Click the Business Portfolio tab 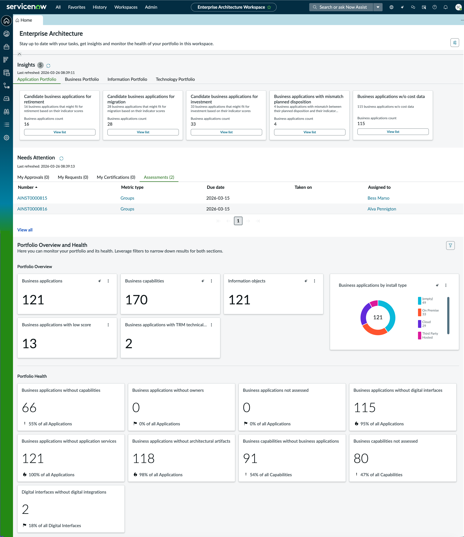point(82,79)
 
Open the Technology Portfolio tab point(175,79)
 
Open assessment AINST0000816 point(32,209)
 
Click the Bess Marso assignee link point(378,198)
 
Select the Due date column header point(215,187)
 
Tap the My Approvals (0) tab point(33,177)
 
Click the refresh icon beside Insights point(48,66)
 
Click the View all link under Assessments point(25,230)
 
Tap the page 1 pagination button point(238,221)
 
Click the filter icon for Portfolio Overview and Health point(450,245)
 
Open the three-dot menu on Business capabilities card point(211,281)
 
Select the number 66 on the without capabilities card point(29,408)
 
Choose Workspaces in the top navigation point(126,7)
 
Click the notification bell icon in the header point(445,7)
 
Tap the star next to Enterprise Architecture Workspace point(269,7)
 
